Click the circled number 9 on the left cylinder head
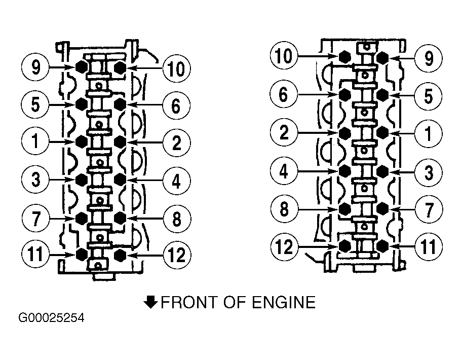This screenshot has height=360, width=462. [x=35, y=67]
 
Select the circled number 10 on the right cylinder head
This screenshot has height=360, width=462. [x=284, y=55]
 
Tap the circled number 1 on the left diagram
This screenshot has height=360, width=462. [x=35, y=141]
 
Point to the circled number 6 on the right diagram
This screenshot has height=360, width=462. [x=284, y=94]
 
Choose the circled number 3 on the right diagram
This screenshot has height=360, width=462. [x=429, y=172]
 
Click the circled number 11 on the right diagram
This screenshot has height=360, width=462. [x=429, y=246]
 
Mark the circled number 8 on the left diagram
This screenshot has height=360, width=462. [x=177, y=219]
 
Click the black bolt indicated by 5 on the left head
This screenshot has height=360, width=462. [x=82, y=104]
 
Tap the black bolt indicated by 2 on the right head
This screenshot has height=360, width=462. [x=345, y=133]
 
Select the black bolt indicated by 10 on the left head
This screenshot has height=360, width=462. [x=120, y=67]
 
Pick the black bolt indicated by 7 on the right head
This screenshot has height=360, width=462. [x=382, y=208]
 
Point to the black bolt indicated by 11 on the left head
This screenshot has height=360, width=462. [x=82, y=254]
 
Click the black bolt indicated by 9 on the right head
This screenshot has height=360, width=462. [x=382, y=58]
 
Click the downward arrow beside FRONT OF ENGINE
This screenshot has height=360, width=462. [x=150, y=302]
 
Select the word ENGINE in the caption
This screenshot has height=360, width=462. [x=284, y=303]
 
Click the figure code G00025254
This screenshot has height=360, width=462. [x=51, y=318]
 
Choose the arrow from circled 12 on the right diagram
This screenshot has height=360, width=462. [x=318, y=246]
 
